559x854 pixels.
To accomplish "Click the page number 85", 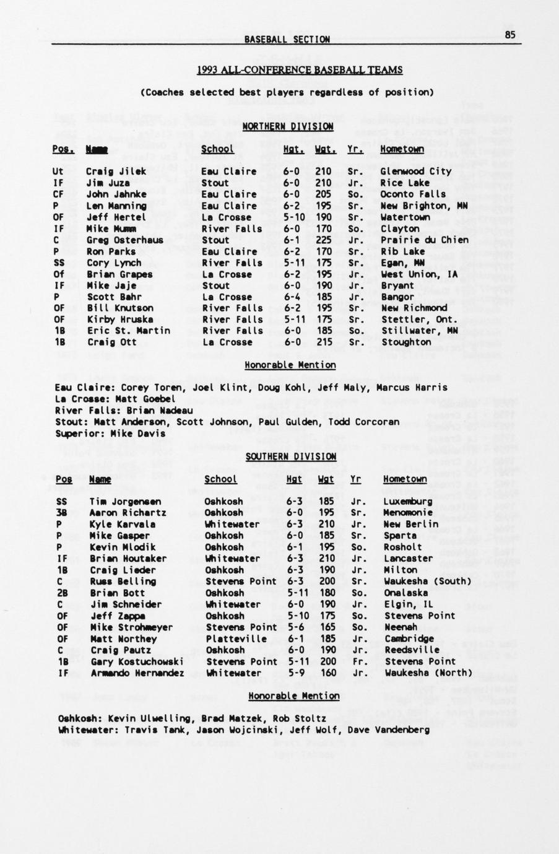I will (509, 35).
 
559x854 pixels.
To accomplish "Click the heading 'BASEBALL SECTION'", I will (287, 39).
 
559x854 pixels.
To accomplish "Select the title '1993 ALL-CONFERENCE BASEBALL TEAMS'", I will (300, 70).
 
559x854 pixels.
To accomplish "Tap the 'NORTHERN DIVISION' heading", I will (288, 126).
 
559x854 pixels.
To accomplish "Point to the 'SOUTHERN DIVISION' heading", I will (290, 456).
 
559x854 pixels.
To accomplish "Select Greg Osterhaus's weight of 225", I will (323, 240).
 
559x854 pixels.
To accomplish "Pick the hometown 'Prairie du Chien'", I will (425, 240).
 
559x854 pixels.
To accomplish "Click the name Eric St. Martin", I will (128, 331).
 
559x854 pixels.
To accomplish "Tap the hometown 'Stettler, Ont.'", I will (419, 320).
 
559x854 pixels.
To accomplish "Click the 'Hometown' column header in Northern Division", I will (402, 149).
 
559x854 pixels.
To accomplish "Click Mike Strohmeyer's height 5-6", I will (295, 627).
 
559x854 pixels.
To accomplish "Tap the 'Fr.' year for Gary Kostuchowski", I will (355, 661).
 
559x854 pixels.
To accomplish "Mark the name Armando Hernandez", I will (136, 673).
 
